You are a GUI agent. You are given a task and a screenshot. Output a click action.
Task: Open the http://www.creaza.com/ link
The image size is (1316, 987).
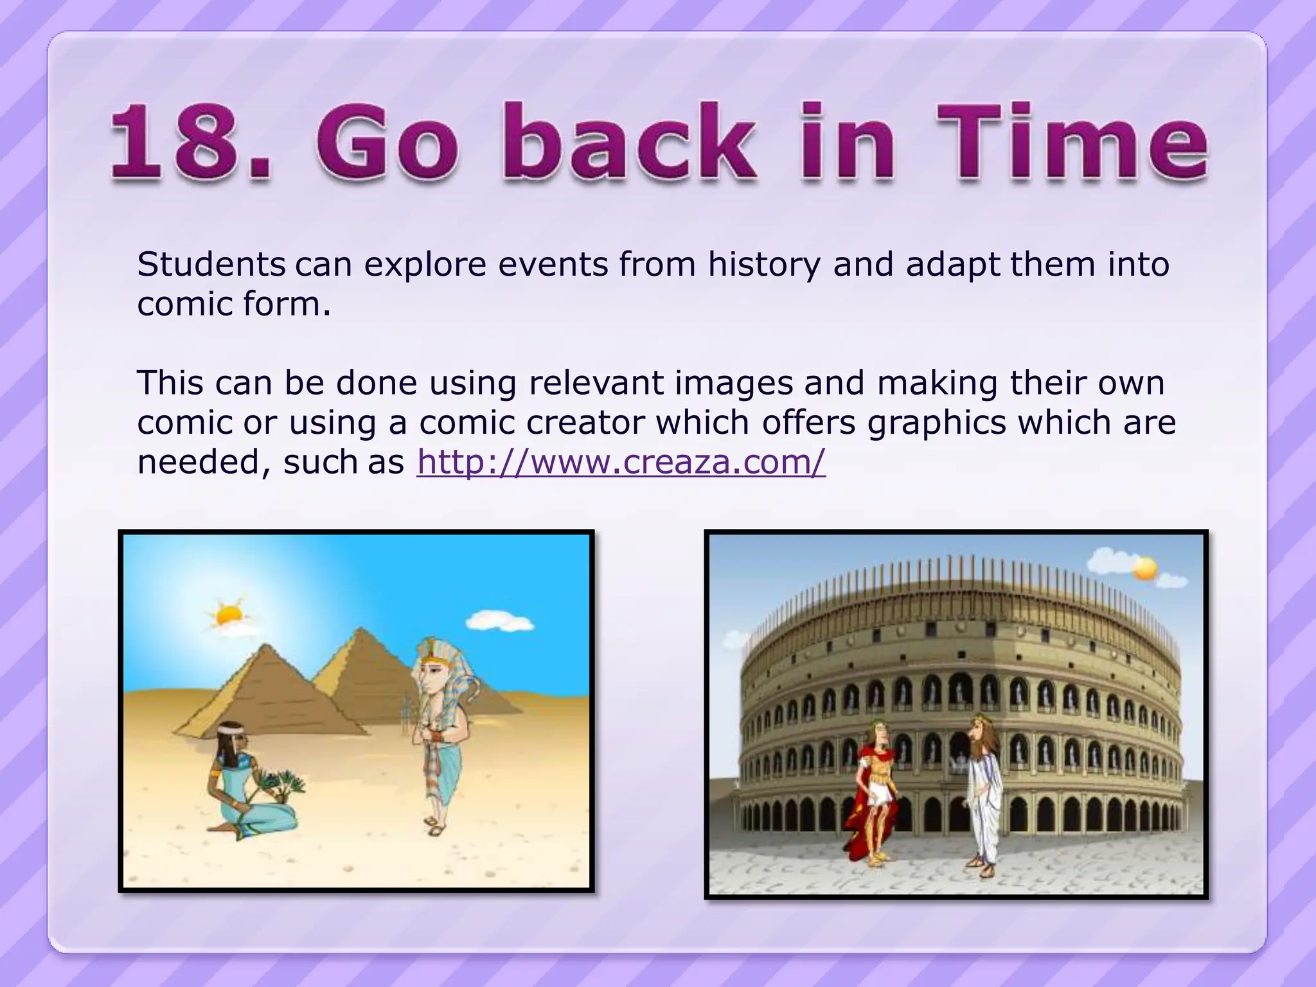[621, 462]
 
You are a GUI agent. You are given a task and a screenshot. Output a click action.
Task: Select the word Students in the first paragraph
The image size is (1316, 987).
[211, 264]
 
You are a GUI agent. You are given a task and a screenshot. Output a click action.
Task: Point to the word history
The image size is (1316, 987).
[764, 265]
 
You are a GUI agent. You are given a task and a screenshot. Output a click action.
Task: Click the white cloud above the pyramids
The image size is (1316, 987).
[500, 621]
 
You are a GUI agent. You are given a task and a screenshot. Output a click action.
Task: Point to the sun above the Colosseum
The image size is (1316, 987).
[1144, 568]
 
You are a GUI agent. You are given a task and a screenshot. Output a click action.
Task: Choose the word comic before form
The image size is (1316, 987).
[186, 304]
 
